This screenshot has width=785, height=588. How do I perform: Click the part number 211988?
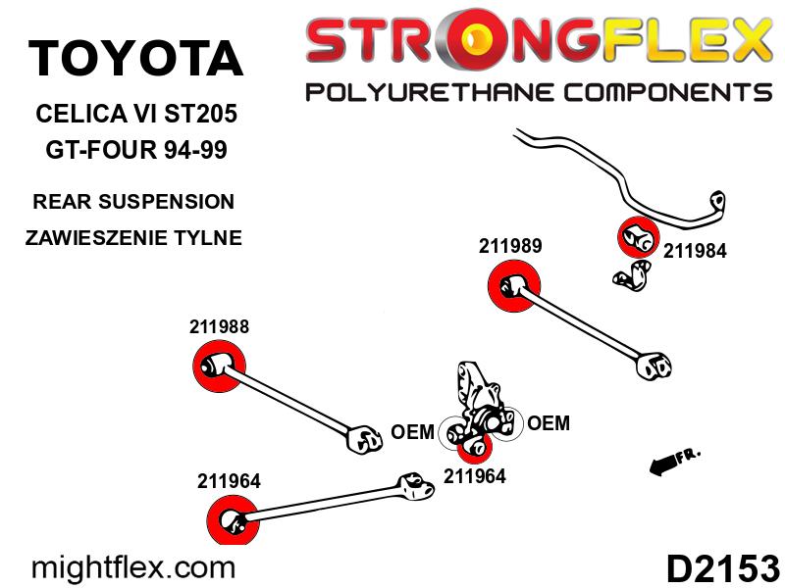tap(219, 327)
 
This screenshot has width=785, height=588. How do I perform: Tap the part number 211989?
tap(510, 246)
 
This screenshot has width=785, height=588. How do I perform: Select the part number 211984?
tap(695, 251)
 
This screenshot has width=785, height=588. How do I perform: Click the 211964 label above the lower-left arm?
tap(229, 480)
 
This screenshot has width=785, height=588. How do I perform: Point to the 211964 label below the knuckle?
tap(475, 477)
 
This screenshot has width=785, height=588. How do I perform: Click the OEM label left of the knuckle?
tap(412, 432)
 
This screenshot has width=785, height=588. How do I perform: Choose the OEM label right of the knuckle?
tap(549, 423)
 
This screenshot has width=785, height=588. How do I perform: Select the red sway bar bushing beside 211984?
tap(636, 235)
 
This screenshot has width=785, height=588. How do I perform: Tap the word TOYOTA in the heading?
tap(135, 59)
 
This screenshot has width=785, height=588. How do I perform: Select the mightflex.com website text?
tap(134, 567)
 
